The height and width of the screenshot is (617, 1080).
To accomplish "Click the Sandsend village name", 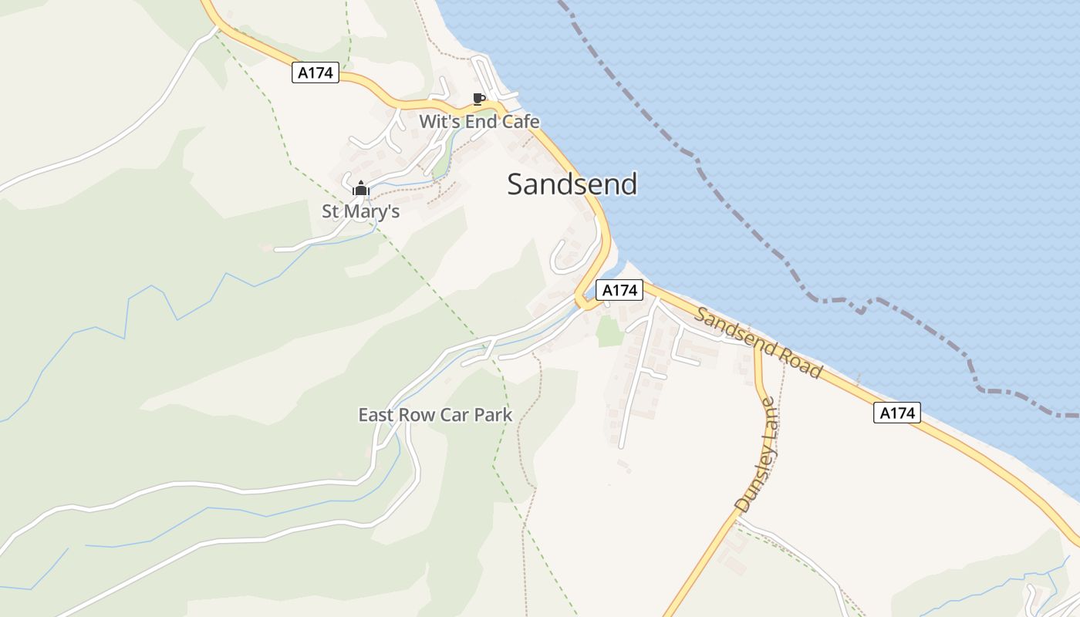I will (x=572, y=184).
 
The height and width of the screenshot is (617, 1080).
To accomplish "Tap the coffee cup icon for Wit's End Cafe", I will (x=478, y=99).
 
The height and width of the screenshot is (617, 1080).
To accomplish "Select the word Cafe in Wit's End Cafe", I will (x=521, y=122).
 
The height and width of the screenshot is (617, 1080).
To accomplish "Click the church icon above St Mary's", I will (x=360, y=188).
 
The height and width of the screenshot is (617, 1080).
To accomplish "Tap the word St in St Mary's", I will (x=331, y=211).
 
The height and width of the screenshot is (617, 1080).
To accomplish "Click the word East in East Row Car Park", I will (x=376, y=415).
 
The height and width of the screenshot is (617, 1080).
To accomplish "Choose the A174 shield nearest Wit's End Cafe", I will (x=316, y=73).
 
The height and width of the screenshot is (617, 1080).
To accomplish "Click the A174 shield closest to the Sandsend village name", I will (x=619, y=290).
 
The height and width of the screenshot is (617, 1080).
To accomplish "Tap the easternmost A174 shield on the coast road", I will (x=897, y=413).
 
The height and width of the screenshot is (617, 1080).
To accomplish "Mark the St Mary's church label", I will (x=360, y=211).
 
